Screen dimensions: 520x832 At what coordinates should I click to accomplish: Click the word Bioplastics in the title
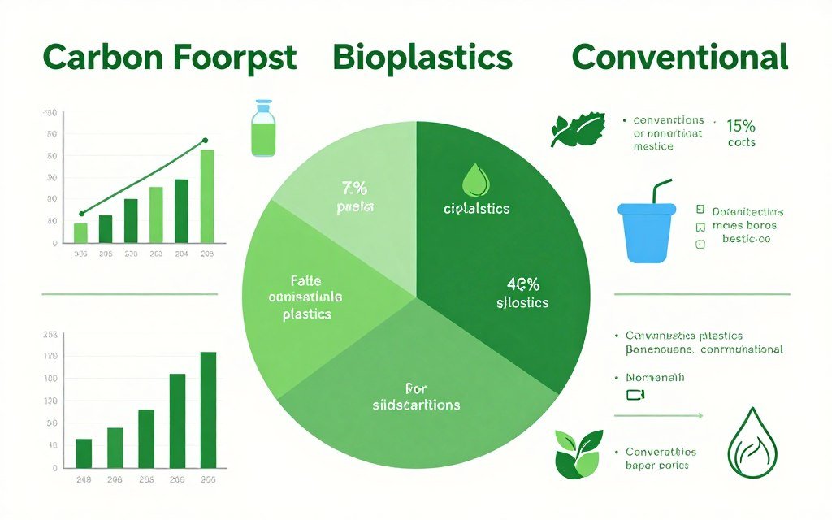[422, 58]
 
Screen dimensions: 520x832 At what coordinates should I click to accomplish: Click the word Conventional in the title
[679, 58]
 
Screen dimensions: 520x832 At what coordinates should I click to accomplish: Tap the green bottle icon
[263, 129]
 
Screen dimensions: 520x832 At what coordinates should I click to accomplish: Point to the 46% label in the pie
[523, 285]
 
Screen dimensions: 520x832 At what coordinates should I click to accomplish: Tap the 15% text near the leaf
[741, 126]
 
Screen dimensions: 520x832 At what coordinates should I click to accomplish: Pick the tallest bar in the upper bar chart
[207, 196]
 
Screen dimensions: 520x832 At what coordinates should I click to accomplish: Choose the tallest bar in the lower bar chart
[208, 409]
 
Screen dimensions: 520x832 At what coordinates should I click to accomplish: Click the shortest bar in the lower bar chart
[84, 453]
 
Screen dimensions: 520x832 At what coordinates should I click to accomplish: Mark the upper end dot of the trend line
[205, 141]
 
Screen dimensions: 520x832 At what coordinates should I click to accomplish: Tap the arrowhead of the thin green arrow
[700, 415]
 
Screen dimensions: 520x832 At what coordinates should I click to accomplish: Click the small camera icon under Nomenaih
[635, 395]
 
